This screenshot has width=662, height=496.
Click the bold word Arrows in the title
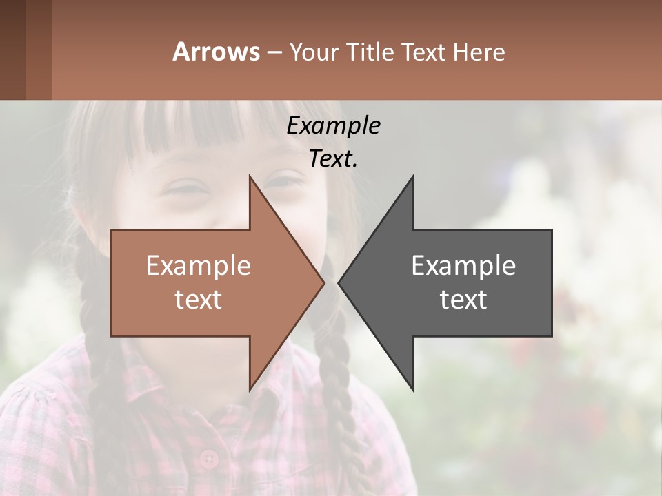[x=217, y=52]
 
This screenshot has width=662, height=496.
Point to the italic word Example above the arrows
[x=333, y=125]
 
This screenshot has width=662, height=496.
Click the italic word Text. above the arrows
[x=333, y=159]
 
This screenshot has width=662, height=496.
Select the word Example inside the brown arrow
[x=199, y=265]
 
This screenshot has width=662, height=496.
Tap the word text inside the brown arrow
[x=199, y=300]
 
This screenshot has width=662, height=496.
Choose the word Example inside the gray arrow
[x=463, y=265]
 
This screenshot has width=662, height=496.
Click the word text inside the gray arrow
[x=463, y=300]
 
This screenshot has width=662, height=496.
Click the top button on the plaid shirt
[x=208, y=457]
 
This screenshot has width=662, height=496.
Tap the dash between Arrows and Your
[x=274, y=52]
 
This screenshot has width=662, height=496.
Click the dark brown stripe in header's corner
[x=12, y=50]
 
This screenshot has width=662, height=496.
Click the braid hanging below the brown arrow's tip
[x=338, y=386]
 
